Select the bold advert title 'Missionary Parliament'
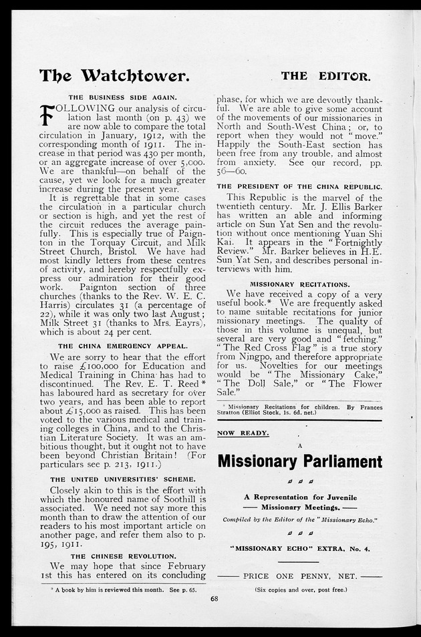pos(299,461)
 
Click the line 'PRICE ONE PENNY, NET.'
pos(299,574)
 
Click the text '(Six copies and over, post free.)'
pos(299,590)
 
